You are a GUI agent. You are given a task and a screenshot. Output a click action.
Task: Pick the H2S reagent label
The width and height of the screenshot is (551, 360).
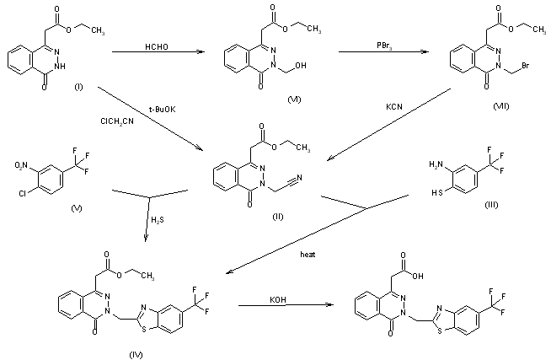click(x=159, y=220)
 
